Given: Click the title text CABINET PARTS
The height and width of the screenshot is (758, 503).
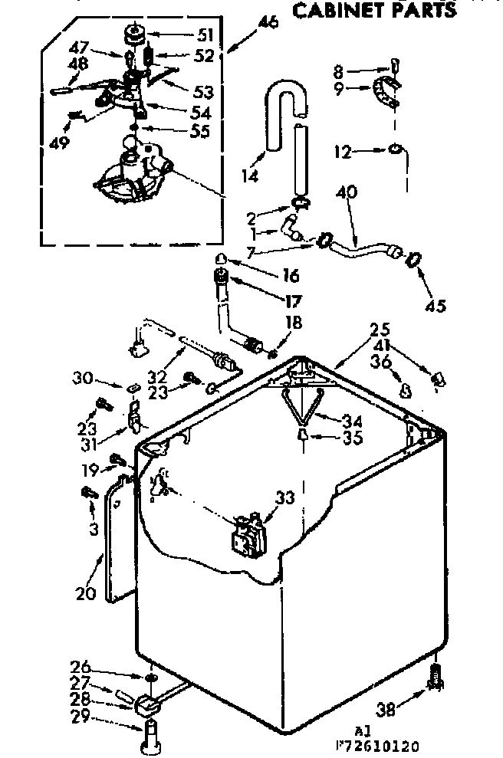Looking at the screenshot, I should (x=374, y=9).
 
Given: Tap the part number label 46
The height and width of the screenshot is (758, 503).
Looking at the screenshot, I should (x=268, y=22).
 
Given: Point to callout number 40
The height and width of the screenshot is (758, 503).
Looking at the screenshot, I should (x=347, y=193).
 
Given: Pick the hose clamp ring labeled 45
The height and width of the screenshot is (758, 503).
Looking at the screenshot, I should (x=413, y=258).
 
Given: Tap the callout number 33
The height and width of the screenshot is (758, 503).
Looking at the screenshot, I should (x=284, y=497).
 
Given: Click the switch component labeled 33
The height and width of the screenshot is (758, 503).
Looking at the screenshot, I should (x=248, y=530).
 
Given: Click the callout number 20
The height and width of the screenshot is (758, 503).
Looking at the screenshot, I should (x=85, y=592).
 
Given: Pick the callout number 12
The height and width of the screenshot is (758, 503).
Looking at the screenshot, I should (x=342, y=152).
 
